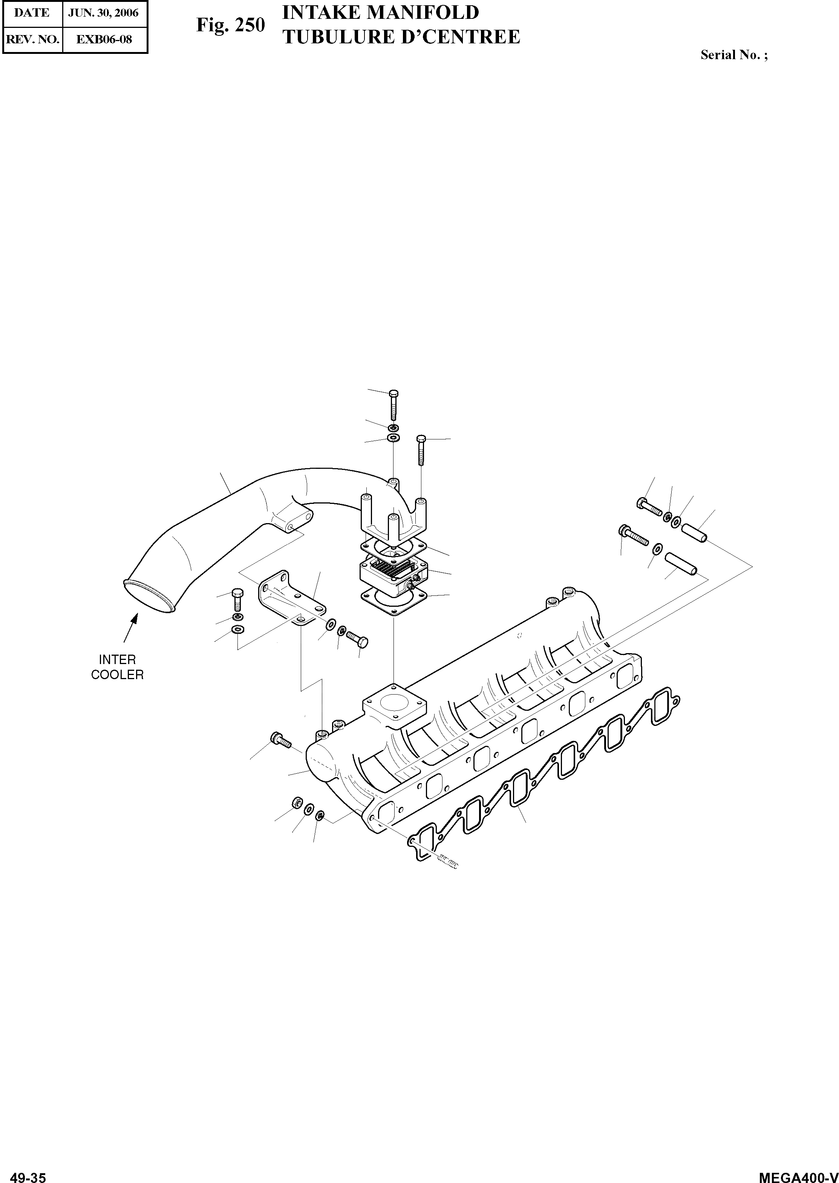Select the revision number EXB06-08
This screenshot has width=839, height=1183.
(104, 39)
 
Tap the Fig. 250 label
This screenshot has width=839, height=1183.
(230, 25)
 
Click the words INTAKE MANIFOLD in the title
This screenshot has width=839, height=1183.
(381, 12)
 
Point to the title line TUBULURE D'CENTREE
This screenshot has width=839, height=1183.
(401, 37)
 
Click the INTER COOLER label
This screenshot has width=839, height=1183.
(117, 667)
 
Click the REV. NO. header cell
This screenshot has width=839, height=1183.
(32, 39)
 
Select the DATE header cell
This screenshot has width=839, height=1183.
(32, 13)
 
